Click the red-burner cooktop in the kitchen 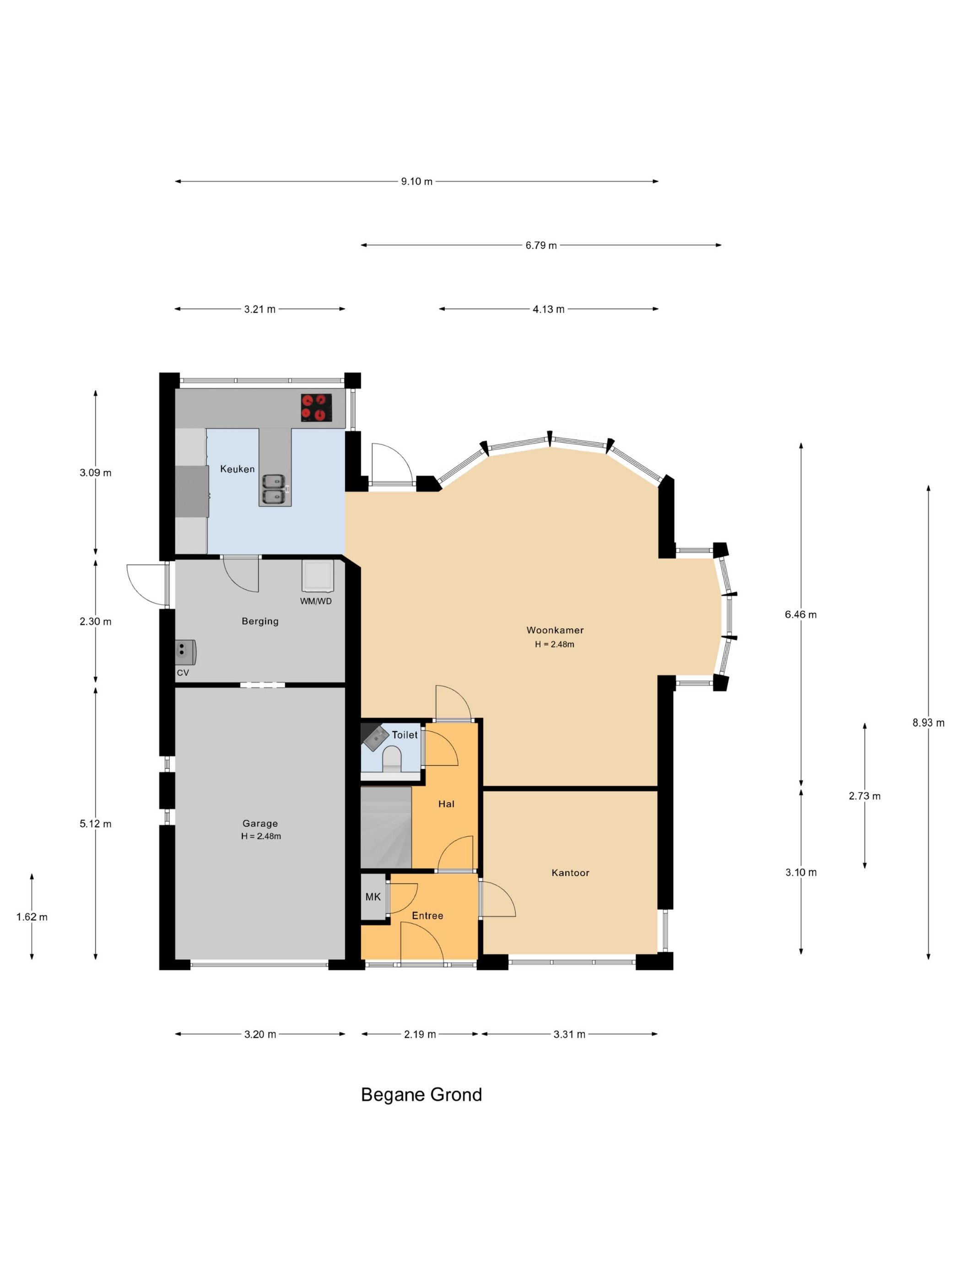click(316, 407)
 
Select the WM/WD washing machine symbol click(317, 575)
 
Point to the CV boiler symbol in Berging click(185, 652)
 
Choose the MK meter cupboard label click(373, 896)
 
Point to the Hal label click(447, 804)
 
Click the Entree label click(427, 916)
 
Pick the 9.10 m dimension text click(417, 181)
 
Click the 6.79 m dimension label click(541, 245)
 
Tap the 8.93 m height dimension click(929, 722)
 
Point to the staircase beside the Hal click(386, 827)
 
